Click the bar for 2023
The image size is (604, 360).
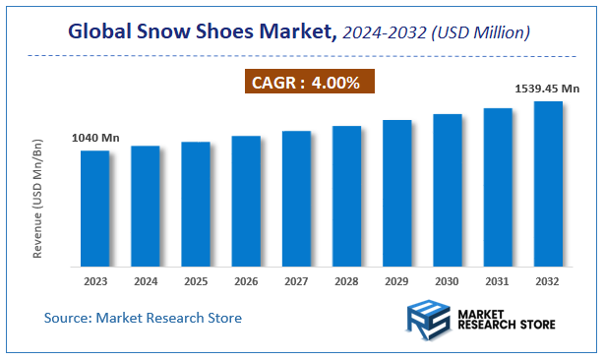pyautogui.click(x=94, y=208)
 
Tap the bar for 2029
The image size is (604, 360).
pyautogui.click(x=396, y=193)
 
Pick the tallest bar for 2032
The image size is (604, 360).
pyautogui.click(x=548, y=183)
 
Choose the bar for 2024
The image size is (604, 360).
pyautogui.click(x=146, y=206)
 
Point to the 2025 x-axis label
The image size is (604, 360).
pyautogui.click(x=196, y=281)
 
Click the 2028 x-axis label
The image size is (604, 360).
pyautogui.click(x=346, y=281)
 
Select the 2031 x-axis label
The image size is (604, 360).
pyautogui.click(x=498, y=281)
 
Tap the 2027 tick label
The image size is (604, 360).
pyautogui.click(x=296, y=281)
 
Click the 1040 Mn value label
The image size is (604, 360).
pyautogui.click(x=95, y=139)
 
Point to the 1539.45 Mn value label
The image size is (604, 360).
pyautogui.click(x=548, y=90)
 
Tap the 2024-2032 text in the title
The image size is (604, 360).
pyautogui.click(x=384, y=33)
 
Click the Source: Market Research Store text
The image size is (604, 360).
pyautogui.click(x=143, y=318)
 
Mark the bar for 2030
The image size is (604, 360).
pyautogui.click(x=448, y=190)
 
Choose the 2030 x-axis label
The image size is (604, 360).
pyautogui.click(x=448, y=281)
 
